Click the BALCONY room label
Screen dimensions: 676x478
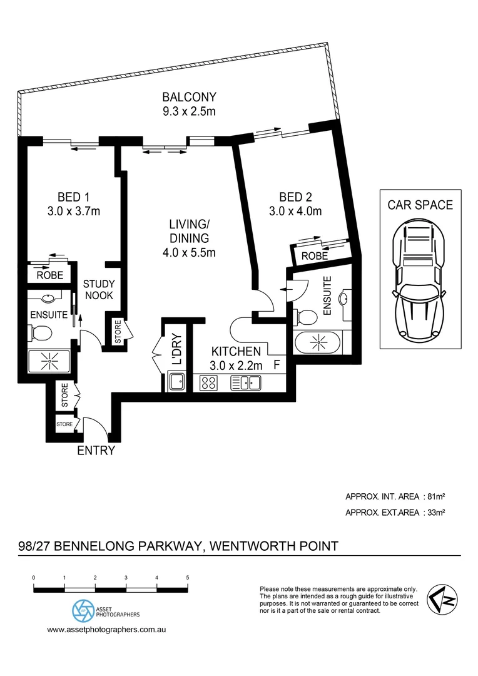189,97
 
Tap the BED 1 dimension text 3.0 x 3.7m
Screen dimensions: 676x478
74,211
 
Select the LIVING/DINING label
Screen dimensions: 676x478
189,231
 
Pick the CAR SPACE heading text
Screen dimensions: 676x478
420,205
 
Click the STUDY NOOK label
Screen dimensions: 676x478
99,290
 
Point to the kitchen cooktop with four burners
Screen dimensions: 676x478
208,382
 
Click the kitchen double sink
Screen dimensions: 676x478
245,382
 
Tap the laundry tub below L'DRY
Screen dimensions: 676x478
176,381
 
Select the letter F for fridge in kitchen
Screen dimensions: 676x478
276,363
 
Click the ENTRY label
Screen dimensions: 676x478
96,451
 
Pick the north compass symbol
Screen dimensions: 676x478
440,599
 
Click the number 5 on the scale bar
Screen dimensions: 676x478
188,577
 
